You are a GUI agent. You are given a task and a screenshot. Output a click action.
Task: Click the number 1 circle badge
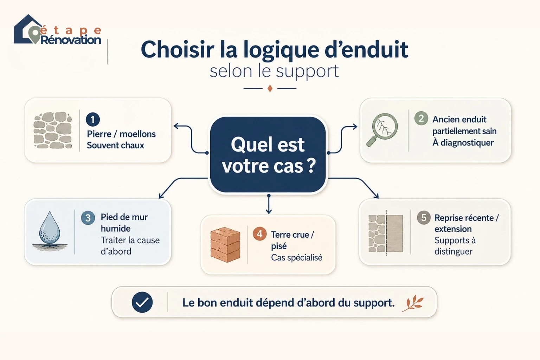[93, 120]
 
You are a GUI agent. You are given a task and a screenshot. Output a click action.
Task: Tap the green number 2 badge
[421, 118]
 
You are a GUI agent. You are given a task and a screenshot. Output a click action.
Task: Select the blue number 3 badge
[88, 218]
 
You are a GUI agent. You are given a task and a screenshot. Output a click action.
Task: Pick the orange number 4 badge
[259, 234]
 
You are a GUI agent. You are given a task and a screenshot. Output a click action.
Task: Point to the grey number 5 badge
[424, 218]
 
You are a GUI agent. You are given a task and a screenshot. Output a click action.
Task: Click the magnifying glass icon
[382, 130]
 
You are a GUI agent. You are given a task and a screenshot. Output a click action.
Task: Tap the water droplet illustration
[50, 231]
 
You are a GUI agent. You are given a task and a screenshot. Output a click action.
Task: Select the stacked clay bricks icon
[225, 244]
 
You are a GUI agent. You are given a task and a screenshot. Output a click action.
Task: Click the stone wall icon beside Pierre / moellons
[53, 130]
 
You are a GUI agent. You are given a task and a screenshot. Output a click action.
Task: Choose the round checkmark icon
[142, 302]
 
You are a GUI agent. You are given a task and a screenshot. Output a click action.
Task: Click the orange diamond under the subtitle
[270, 88]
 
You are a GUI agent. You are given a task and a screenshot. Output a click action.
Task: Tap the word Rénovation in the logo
[71, 40]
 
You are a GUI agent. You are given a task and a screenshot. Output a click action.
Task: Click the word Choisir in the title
[178, 50]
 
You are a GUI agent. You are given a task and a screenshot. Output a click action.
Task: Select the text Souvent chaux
[115, 146]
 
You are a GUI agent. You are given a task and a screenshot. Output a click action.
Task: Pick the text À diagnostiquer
[463, 143]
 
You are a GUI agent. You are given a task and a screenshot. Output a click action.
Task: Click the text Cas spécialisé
[296, 258]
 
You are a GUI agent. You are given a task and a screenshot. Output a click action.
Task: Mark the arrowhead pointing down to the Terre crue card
[269, 212]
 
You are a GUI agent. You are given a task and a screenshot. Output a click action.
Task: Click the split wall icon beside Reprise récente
[386, 234]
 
